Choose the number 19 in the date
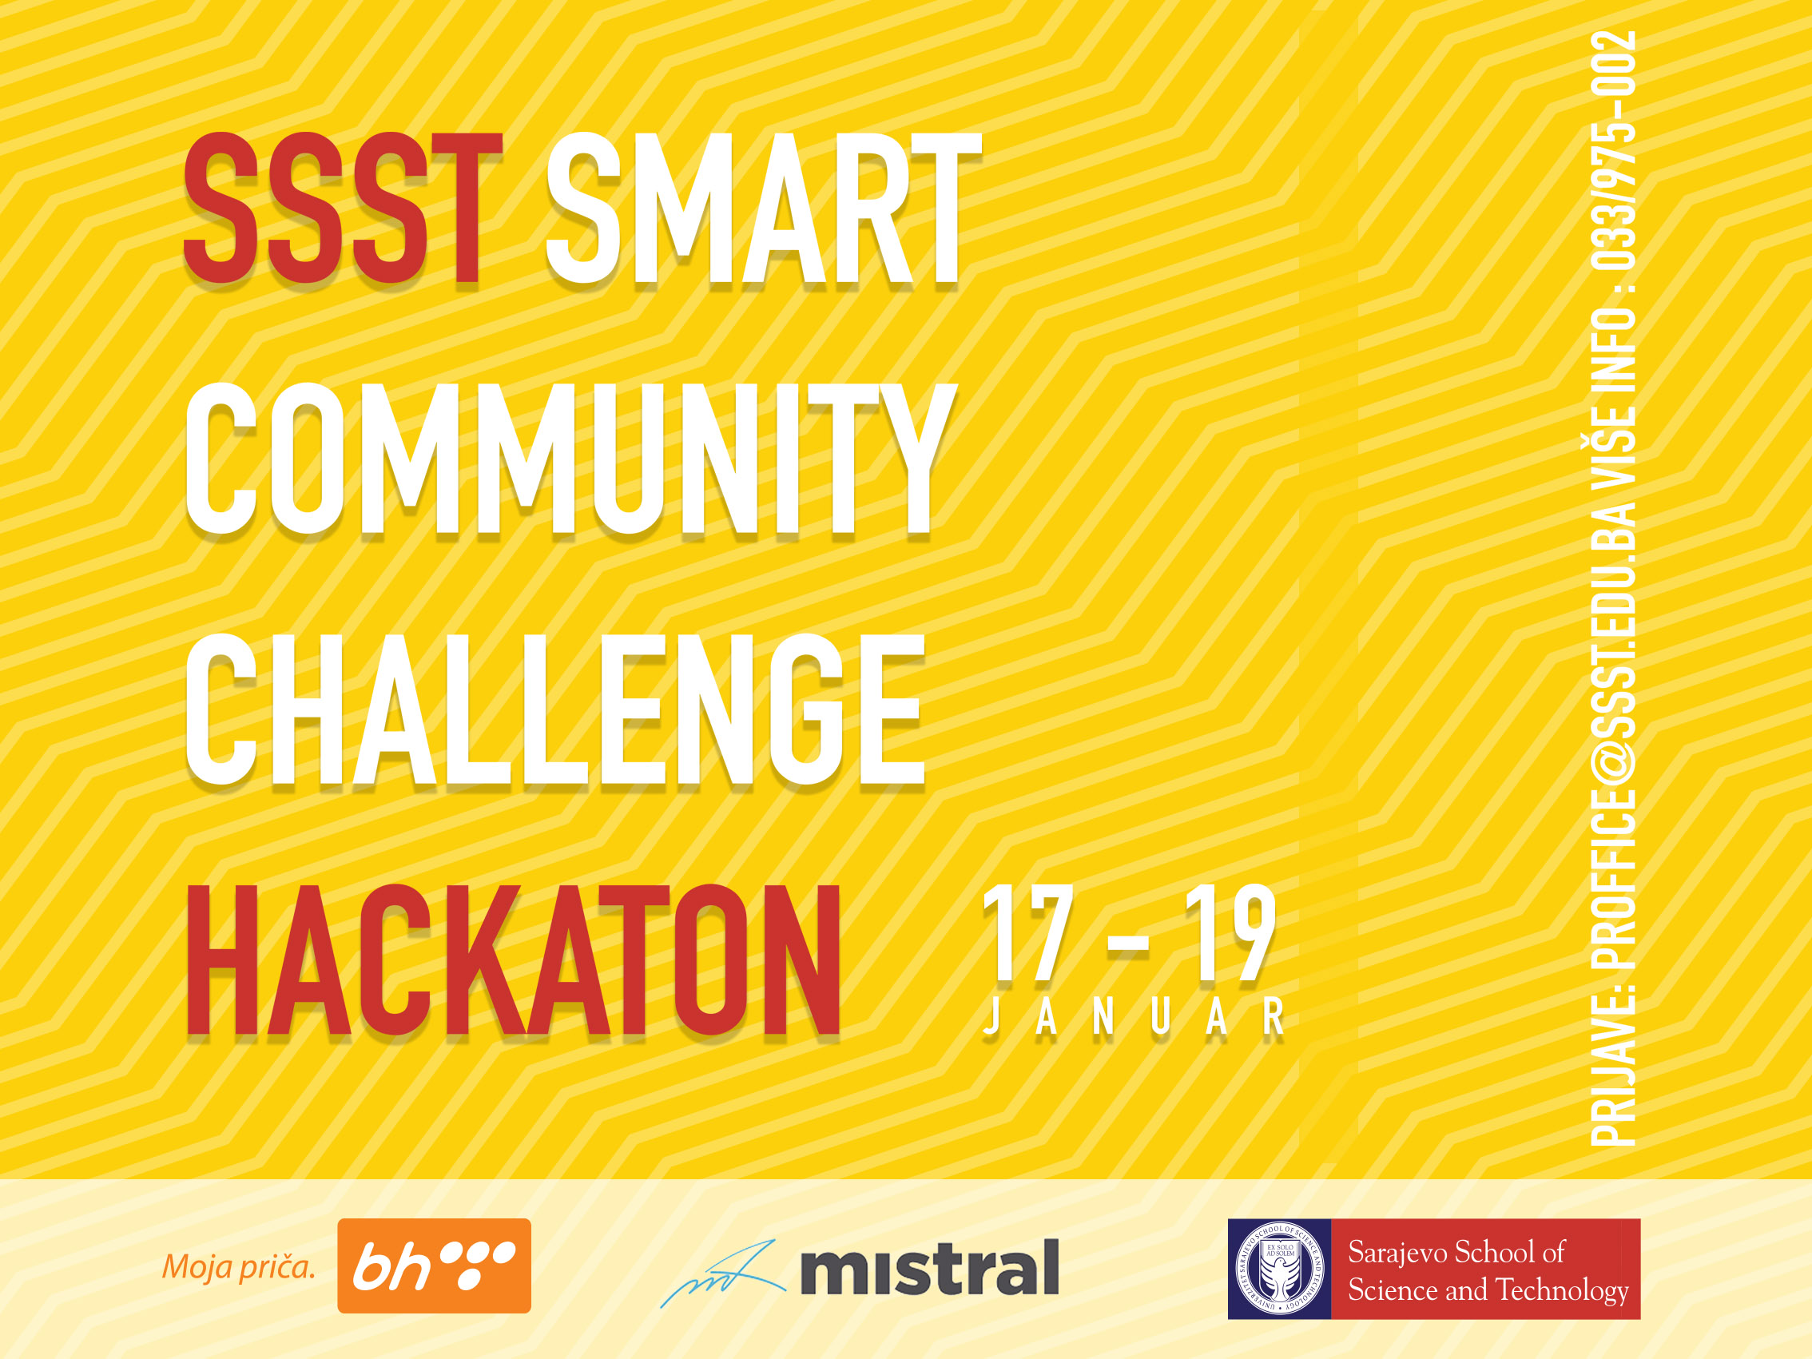pos(1230,933)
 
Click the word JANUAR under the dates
pos(1133,1018)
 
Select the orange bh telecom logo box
pos(434,1266)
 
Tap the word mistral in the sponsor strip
pos(929,1267)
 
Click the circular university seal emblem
pos(1279,1269)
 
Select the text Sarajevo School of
pos(1456,1253)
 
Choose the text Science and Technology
pos(1488,1290)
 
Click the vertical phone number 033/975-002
pos(1613,151)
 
